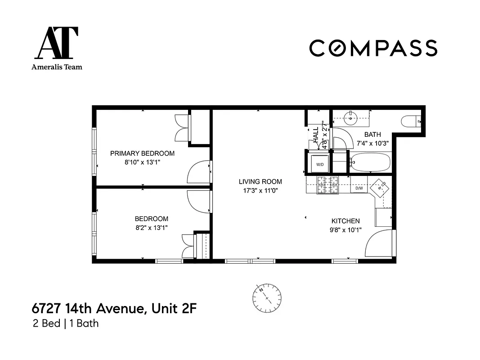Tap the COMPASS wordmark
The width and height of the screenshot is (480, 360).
[x=373, y=48]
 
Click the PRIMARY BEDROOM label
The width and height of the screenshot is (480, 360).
[x=142, y=153]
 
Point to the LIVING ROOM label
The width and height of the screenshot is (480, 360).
[x=260, y=182]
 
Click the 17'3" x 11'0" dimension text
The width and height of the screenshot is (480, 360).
[x=260, y=190]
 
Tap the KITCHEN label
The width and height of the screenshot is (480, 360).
[x=345, y=221]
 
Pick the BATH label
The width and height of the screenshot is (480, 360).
[x=372, y=135]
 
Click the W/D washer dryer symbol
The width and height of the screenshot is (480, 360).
[x=319, y=164]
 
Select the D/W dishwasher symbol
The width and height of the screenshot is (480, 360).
[x=359, y=188]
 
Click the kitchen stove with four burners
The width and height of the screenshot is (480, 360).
[x=328, y=185]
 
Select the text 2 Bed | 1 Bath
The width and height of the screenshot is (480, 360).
[x=66, y=323]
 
